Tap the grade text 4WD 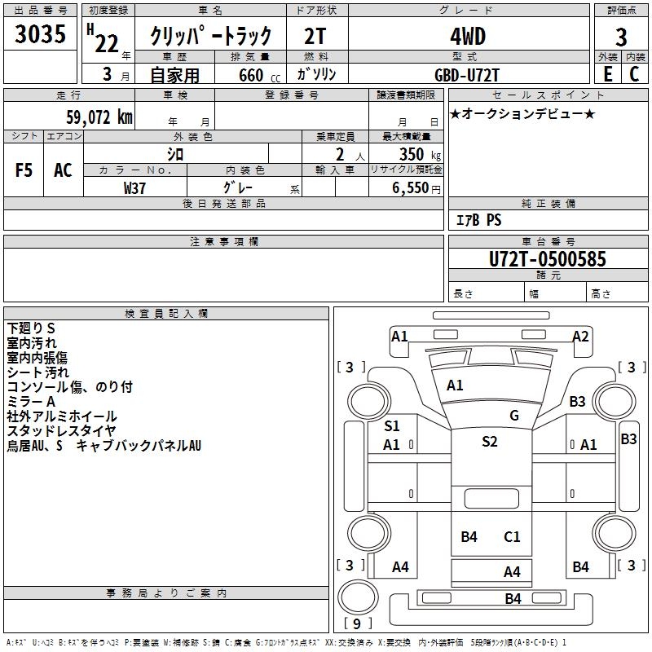point(468,36)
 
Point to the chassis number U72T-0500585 point(548,259)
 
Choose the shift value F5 point(24,170)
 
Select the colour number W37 point(134,187)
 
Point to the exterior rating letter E point(608,73)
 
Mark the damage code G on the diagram point(514,416)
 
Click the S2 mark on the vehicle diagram point(489,442)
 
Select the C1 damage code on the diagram point(512,536)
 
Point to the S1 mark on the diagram point(392,425)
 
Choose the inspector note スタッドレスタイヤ point(61,430)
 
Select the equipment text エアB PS point(478,219)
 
